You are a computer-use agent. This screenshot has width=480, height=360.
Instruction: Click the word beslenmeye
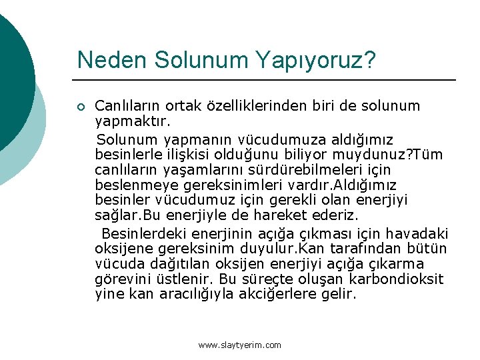pos(132,185)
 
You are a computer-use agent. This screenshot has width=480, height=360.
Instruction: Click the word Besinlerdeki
pos(143,233)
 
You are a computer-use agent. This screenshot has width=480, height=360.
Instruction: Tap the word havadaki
pos(419,233)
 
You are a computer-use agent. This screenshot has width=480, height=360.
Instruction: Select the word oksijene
pos(123,249)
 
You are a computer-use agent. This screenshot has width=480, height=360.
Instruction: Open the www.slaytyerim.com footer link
pos(240,345)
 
